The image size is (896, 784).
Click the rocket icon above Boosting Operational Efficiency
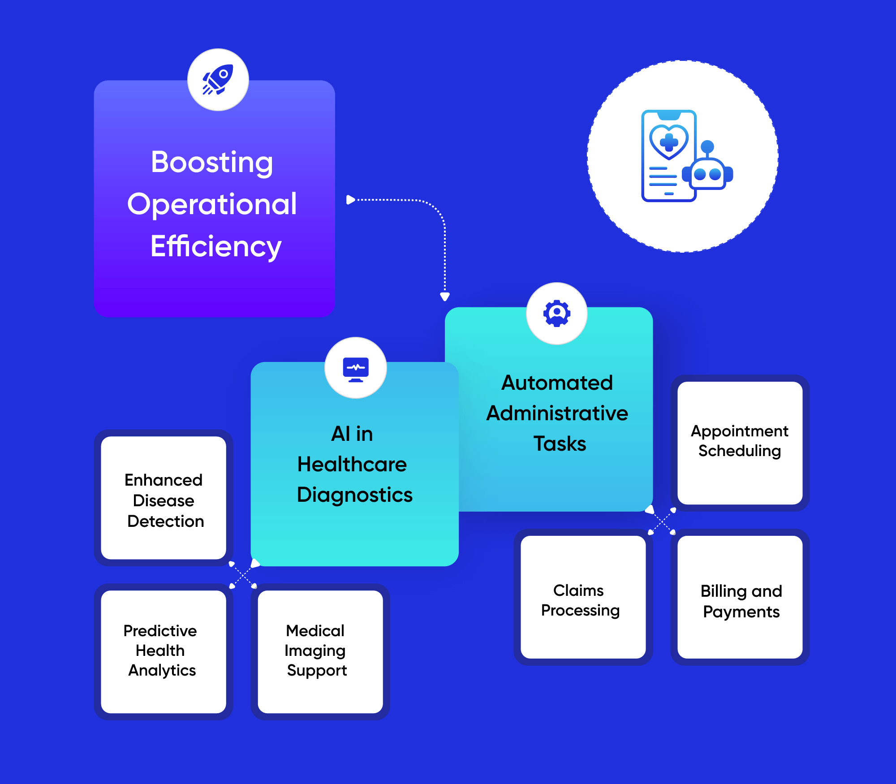click(x=218, y=80)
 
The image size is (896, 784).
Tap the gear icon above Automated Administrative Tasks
click(x=557, y=313)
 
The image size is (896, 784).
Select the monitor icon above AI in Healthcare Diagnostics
click(x=356, y=369)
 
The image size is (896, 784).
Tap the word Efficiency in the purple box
click(x=215, y=246)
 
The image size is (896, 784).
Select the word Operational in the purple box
click(x=212, y=204)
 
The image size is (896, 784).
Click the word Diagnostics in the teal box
click(x=354, y=495)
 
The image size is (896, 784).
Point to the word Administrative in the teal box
click(x=557, y=413)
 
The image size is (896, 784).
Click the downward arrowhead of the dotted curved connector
click(x=445, y=297)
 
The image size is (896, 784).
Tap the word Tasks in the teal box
click(x=560, y=444)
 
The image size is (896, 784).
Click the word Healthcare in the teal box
click(x=352, y=464)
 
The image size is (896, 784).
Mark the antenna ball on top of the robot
click(x=707, y=146)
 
